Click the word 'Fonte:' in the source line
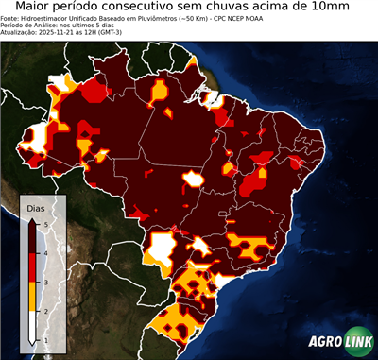click(x=11, y=17)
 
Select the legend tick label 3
click(x=47, y=282)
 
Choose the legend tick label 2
click(x=47, y=310)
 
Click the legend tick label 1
click(x=47, y=338)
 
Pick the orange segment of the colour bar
click(x=33, y=296)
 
